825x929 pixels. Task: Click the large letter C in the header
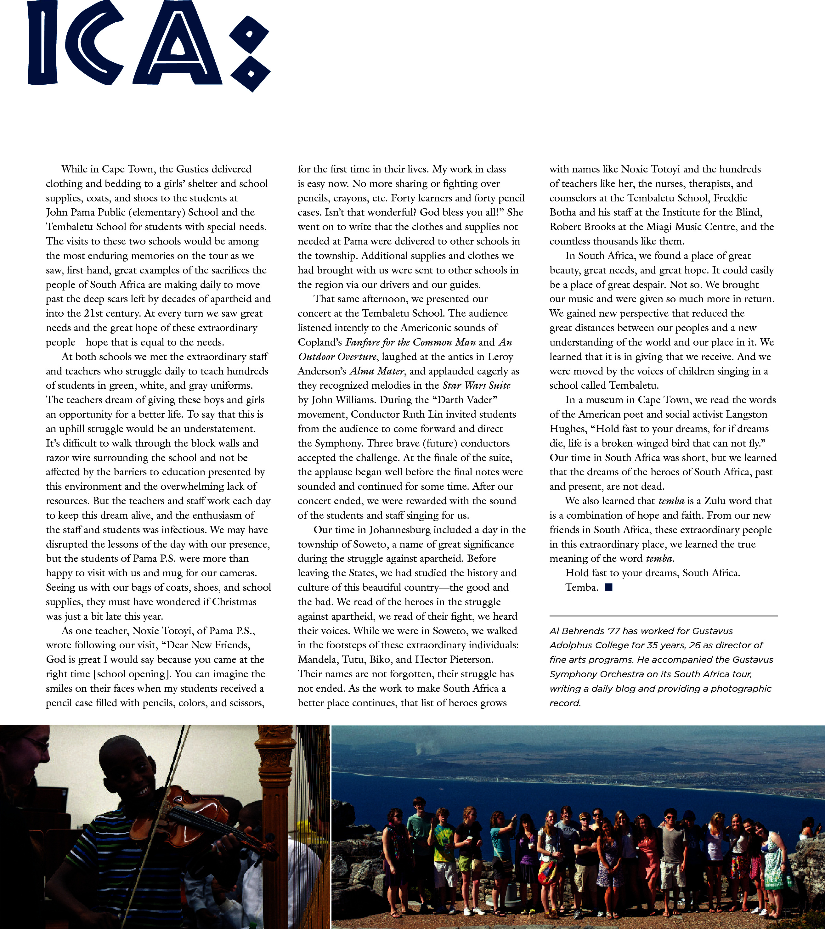[91, 43]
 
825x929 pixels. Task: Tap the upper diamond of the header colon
[249, 34]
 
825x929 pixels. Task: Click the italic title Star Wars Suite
[476, 386]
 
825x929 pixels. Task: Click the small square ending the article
[609, 587]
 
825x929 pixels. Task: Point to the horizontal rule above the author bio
[663, 616]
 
